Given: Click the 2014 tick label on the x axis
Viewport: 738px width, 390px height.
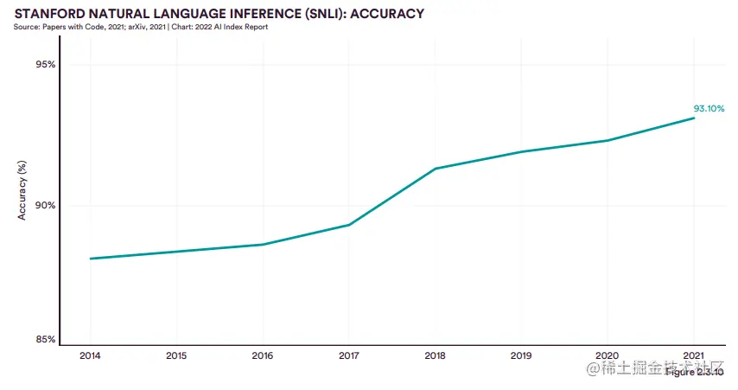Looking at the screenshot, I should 89,355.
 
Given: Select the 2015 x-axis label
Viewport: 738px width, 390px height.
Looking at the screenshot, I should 175,355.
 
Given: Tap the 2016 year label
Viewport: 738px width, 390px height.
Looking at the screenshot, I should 262,355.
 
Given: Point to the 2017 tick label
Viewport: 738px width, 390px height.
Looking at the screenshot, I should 348,355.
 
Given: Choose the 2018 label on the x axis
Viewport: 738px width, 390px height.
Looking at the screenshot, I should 435,355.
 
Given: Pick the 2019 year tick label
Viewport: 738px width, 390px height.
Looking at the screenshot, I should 521,355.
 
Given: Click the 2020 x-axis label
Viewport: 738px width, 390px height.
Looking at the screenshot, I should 608,355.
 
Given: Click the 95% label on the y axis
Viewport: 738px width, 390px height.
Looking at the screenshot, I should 46,65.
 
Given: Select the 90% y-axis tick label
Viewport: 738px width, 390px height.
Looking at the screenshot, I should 46,206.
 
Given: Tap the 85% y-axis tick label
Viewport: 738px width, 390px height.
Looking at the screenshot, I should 46,339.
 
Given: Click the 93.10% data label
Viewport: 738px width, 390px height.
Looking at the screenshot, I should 709,108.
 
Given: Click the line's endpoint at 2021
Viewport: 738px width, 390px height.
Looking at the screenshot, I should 694,118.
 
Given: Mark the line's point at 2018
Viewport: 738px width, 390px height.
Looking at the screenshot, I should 435,169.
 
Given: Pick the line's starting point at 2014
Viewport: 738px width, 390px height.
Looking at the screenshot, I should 90,259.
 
